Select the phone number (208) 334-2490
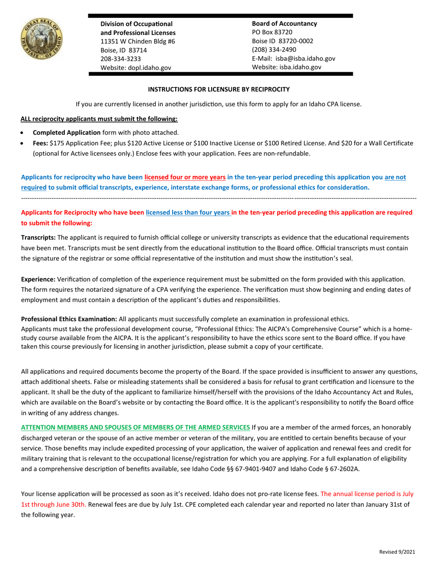pyautogui.click(x=274, y=50)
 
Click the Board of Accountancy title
pyautogui.click(x=284, y=23)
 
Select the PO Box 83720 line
pyautogui.click(x=272, y=32)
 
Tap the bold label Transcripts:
pyautogui.click(x=39, y=237)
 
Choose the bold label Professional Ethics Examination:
pyautogui.click(x=66, y=319)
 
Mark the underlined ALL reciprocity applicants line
pyautogui.click(x=99, y=119)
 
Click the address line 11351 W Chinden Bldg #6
pyautogui.click(x=138, y=41)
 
